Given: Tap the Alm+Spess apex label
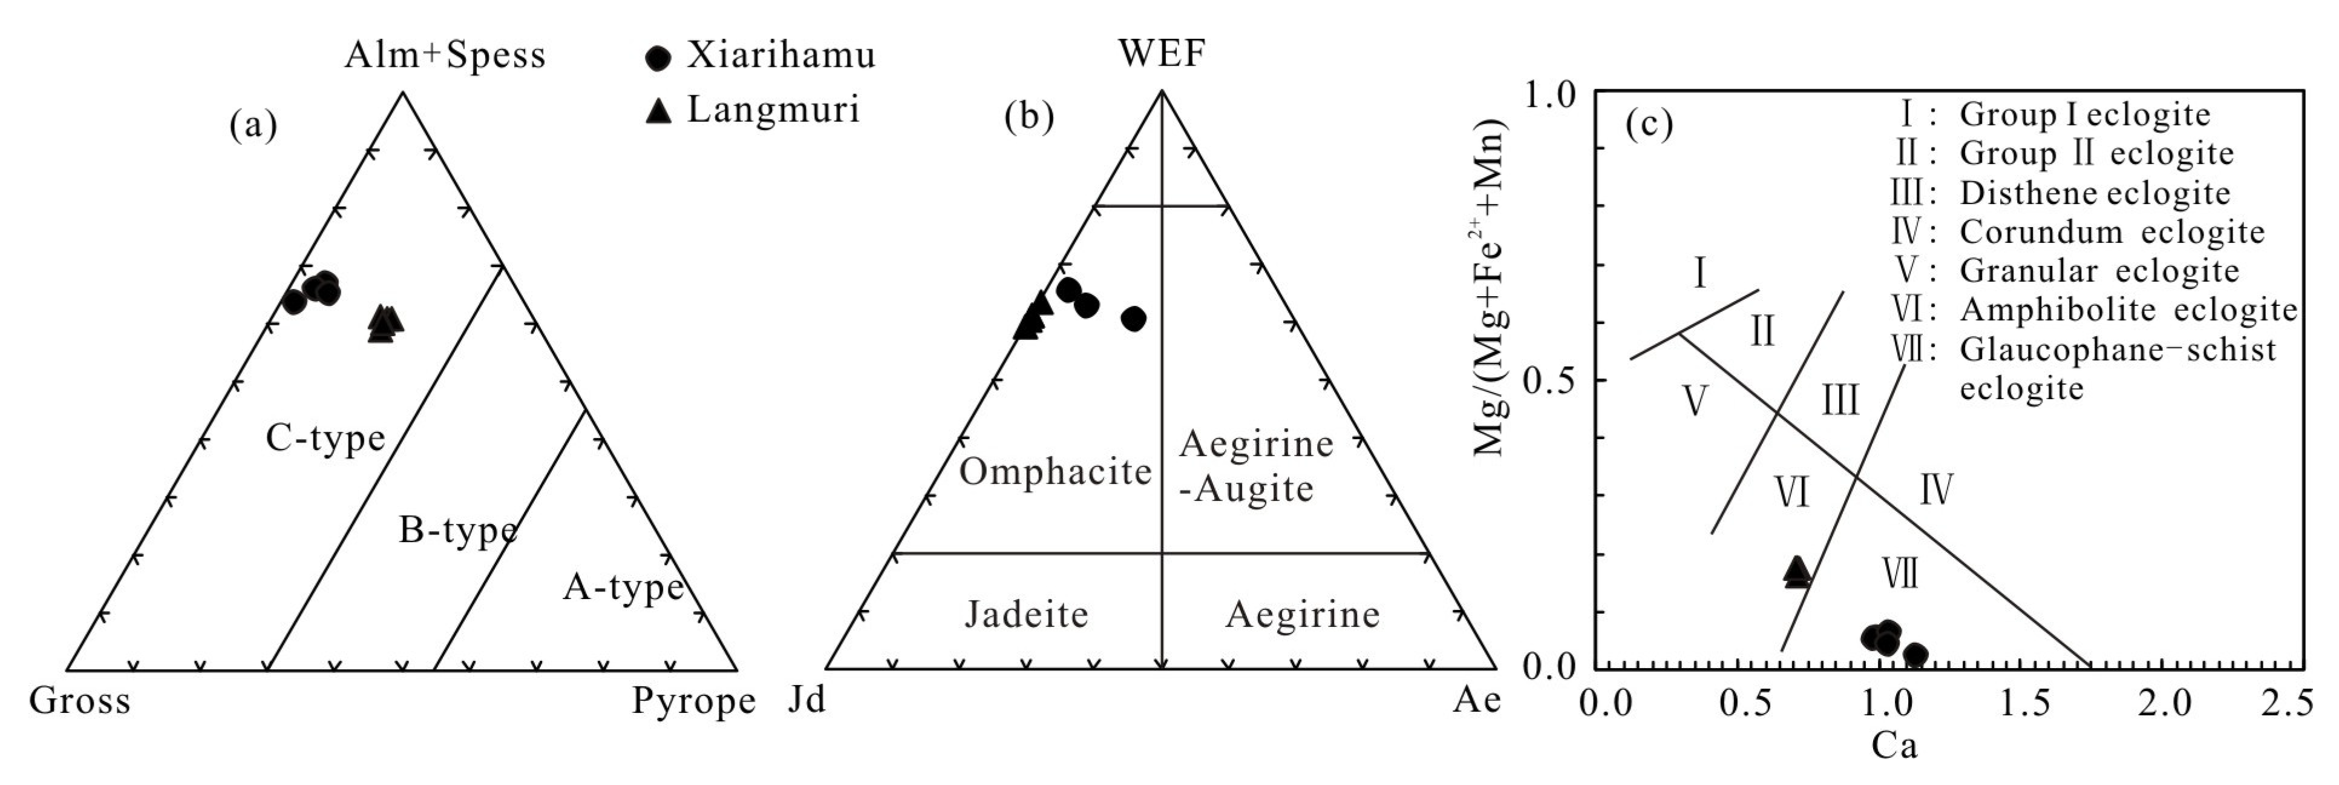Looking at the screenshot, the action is point(445,56).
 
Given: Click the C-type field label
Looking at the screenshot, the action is point(325,439).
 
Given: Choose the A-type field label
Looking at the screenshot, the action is point(623,588).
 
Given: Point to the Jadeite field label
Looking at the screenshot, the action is point(1026,614).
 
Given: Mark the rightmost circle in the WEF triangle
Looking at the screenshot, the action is point(1133,318).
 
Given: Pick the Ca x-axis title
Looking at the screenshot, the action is point(1894,747).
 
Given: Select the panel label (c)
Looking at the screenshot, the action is point(1648,125).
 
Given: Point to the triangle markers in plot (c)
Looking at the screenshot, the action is point(1796,572).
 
